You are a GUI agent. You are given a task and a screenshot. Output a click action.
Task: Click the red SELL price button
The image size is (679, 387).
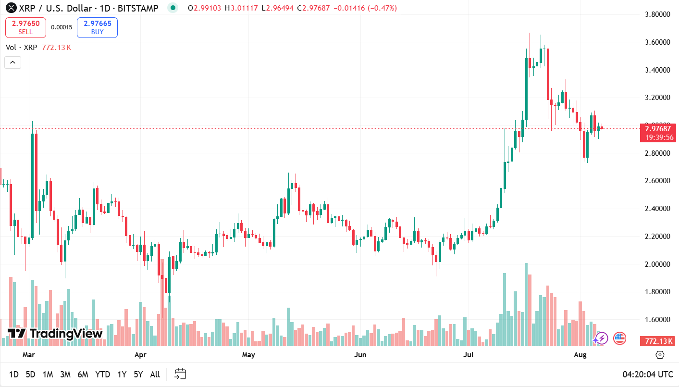pos(25,27)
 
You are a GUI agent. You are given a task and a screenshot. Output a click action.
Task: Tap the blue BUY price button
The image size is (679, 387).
pos(97,27)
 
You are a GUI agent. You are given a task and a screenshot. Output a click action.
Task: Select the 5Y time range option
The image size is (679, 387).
pos(138,375)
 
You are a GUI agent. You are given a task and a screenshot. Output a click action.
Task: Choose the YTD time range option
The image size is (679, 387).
pos(102,375)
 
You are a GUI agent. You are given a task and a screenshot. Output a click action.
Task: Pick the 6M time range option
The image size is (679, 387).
pos(83,375)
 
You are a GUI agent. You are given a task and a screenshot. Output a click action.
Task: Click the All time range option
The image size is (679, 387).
pos(155,375)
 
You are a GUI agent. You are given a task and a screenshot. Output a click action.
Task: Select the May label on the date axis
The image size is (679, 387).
pos(248,355)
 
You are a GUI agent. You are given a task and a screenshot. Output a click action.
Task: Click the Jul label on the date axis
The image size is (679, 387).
pos(468,355)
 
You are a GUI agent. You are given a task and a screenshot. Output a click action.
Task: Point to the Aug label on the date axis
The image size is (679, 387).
pos(580,355)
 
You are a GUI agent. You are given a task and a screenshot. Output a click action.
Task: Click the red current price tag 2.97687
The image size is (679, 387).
pos(658,128)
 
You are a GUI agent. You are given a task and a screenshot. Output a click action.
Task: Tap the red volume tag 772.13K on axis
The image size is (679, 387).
pos(658,341)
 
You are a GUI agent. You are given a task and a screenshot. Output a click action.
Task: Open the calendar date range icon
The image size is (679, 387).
pos(180,374)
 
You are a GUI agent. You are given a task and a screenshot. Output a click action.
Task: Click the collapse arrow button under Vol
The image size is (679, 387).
pos(12,62)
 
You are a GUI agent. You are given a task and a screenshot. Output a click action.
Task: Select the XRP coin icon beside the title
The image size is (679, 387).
pos(11,8)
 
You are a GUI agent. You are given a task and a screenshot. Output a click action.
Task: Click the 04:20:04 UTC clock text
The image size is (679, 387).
pos(648,375)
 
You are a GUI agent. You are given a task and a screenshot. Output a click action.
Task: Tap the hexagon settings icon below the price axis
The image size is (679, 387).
pos(660,355)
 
